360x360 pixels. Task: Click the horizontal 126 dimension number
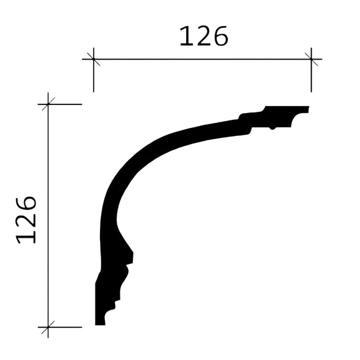pyautogui.click(x=204, y=37)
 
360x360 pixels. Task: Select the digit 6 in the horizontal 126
pyautogui.click(x=220, y=37)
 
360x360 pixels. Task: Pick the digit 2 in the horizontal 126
pyautogui.click(x=203, y=37)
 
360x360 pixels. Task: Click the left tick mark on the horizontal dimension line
pyautogui.click(x=93, y=60)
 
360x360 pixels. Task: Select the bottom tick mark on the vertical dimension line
pyautogui.click(x=48, y=326)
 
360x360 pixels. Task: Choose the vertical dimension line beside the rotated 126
pyautogui.click(x=48, y=261)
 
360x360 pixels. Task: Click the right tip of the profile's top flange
pyautogui.click(x=307, y=109)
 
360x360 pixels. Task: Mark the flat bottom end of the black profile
pyautogui.click(x=100, y=323)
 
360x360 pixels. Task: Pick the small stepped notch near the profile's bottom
pyautogui.click(x=115, y=305)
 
